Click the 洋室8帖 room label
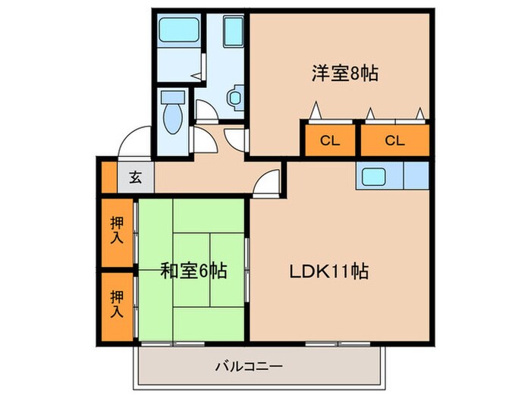click(x=344, y=74)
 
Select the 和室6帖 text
click(x=193, y=270)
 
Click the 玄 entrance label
click(x=135, y=178)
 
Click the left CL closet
click(x=329, y=140)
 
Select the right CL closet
click(x=393, y=140)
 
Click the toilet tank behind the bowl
click(x=173, y=97)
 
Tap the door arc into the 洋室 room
click(x=234, y=138)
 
